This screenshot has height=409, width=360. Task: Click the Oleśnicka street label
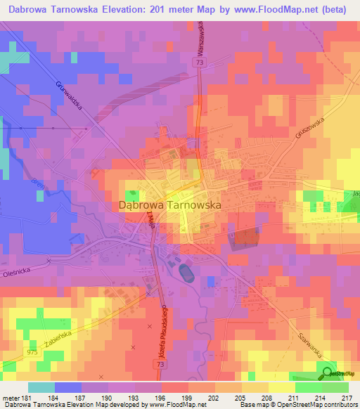click(18, 270)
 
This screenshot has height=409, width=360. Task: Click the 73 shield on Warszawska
click(202, 63)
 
